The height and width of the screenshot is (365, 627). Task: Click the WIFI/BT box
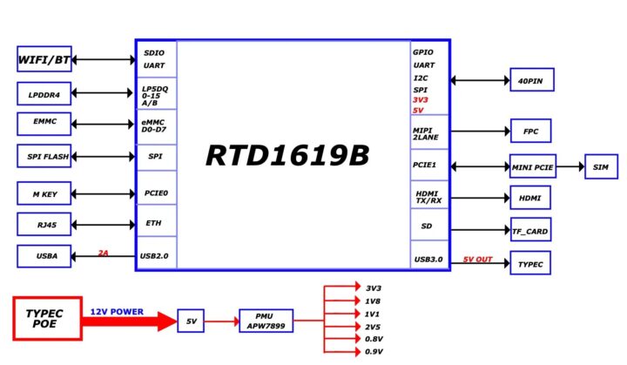tap(44, 60)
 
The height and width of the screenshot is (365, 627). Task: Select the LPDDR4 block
tap(44, 92)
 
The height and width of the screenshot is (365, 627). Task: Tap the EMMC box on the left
tap(44, 123)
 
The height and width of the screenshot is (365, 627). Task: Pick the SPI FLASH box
tap(44, 157)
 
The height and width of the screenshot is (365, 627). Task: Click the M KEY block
tap(44, 193)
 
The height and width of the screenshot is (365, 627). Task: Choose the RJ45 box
tap(44, 225)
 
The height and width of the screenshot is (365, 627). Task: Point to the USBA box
tap(44, 256)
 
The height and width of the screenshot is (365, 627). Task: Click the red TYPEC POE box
tap(47, 319)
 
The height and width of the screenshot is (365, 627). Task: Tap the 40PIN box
tap(531, 80)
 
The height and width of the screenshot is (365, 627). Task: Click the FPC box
tap(531, 132)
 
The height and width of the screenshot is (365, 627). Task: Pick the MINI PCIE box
tap(533, 166)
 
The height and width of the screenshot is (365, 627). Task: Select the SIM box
tap(601, 166)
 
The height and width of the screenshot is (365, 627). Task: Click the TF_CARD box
tap(531, 231)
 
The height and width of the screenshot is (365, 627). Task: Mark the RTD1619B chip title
tap(287, 155)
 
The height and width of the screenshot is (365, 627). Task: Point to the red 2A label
tap(103, 253)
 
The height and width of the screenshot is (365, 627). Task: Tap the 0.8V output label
tap(373, 339)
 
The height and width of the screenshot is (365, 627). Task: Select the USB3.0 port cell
tap(429, 259)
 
